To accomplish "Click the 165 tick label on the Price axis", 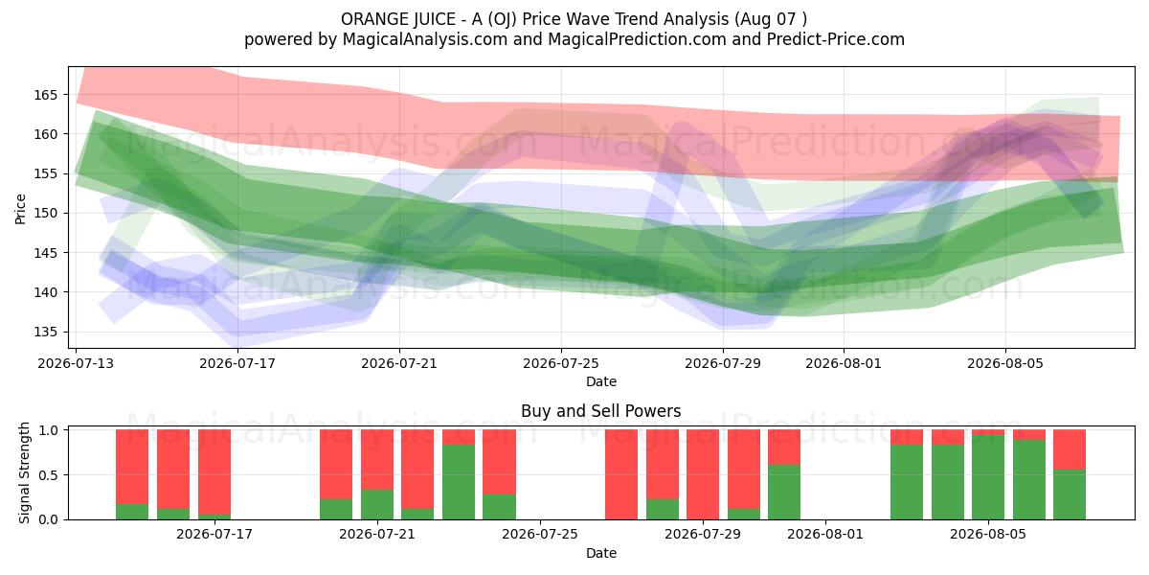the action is point(46,95).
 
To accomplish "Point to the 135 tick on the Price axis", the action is point(46,333).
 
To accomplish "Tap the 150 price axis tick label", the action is point(46,214).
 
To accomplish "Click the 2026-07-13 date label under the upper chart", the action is point(76,363).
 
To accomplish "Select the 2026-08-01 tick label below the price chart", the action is point(844,363).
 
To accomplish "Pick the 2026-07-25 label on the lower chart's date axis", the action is point(540,534).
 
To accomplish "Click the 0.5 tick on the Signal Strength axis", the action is point(48,475).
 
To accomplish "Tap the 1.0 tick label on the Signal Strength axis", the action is point(48,429).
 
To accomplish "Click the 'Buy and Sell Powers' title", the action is point(600,411).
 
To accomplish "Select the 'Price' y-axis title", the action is point(20,210).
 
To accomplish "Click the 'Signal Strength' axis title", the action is point(24,472).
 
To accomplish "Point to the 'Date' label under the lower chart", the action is point(601,553).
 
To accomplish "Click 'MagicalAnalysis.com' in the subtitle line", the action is point(425,39).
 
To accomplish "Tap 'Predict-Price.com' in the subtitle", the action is point(836,39).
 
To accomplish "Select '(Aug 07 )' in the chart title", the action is point(771,19).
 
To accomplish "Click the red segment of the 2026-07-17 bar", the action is point(214,471).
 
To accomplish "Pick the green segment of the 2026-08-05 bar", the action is point(988,477).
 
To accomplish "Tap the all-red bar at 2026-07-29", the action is point(703,474).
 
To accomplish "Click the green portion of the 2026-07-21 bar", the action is point(377,505).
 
